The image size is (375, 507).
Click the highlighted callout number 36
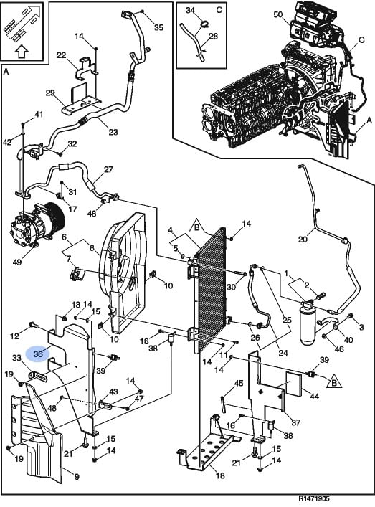pyautogui.click(x=38, y=354)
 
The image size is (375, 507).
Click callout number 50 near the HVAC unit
pyautogui.click(x=278, y=14)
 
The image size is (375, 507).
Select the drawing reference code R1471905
pyautogui.click(x=314, y=499)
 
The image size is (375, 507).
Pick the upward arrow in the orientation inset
pyautogui.click(x=22, y=51)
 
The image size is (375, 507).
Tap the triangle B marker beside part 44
pyautogui.click(x=333, y=382)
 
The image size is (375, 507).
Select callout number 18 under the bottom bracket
pyautogui.click(x=220, y=475)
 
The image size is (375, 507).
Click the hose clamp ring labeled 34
pyautogui.click(x=204, y=24)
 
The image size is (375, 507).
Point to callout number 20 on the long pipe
pyautogui.click(x=303, y=240)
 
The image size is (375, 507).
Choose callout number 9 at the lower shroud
pyautogui.click(x=77, y=476)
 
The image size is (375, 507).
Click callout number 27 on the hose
pyautogui.click(x=108, y=169)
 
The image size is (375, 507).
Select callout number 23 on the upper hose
pyautogui.click(x=113, y=132)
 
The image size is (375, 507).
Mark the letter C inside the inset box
pyautogui.click(x=219, y=10)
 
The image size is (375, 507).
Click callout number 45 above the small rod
pyautogui.click(x=239, y=384)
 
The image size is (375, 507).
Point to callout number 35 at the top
pyautogui.click(x=158, y=27)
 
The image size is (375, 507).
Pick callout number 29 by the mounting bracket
pyautogui.click(x=50, y=93)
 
